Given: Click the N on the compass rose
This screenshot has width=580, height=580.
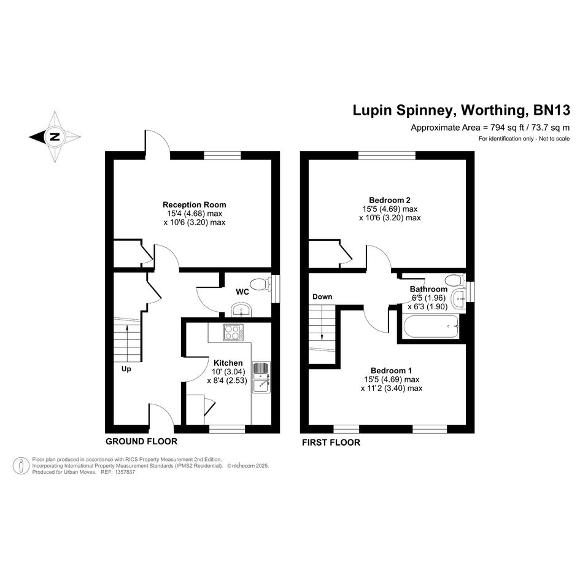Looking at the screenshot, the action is coord(55,137).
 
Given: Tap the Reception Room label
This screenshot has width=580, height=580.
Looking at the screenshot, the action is coord(194,204).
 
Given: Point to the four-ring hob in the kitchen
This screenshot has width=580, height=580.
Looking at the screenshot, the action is coord(234,332).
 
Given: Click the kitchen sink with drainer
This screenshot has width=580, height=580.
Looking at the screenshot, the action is coord(261,377).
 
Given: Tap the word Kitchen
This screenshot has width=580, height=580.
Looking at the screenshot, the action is coord(228,363).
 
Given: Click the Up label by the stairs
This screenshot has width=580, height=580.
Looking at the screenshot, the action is coord(126,369).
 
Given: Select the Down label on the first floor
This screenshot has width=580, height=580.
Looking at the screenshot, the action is coord(322,296).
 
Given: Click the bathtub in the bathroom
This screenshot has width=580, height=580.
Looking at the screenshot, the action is coord(431,327).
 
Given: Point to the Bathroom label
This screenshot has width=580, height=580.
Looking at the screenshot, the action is coord(429,289).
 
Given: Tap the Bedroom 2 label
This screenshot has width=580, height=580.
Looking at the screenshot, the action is coord(390,200).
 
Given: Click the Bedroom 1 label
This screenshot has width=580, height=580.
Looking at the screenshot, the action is coord(392,371).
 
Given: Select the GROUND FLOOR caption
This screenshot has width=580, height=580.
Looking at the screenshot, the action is coord(141,441).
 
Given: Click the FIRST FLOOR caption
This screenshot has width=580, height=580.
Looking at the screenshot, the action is coord(331,443).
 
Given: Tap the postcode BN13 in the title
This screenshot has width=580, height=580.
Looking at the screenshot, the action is coord(551,110).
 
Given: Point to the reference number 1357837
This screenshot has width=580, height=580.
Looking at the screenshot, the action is coord(125,472).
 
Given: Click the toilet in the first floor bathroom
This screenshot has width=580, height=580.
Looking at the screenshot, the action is coord(455,280).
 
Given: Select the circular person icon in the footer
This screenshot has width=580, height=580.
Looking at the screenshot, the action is coord(21,466).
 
